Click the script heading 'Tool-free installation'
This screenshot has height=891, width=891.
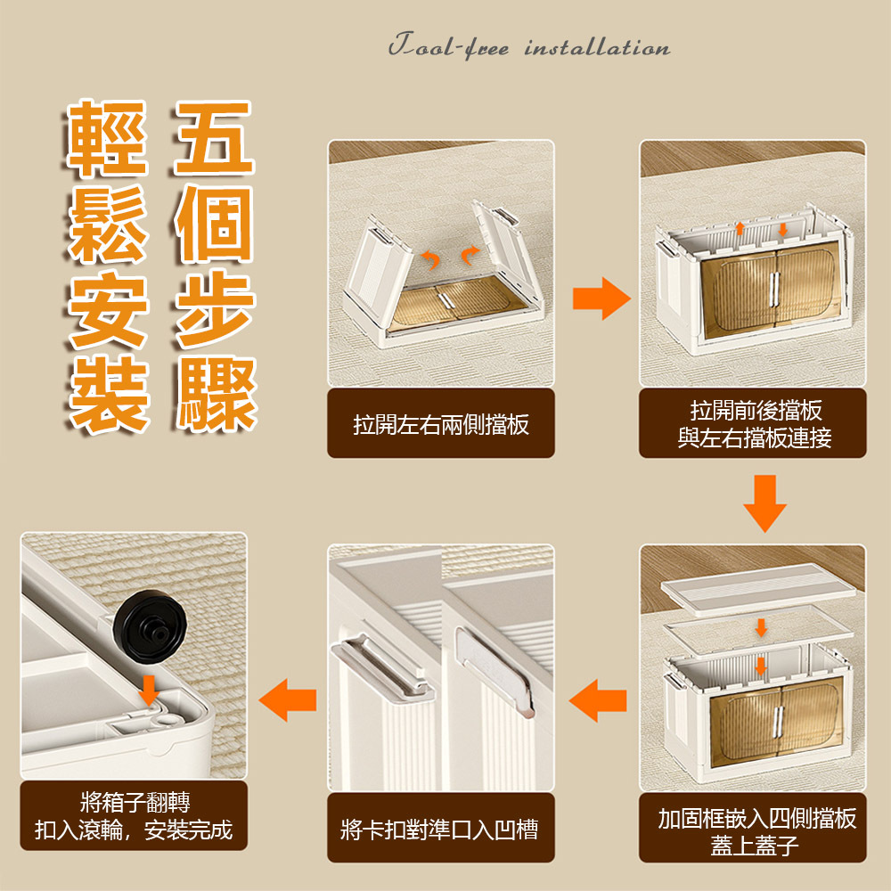pyautogui.click(x=529, y=46)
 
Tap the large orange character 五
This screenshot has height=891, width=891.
pyautogui.click(x=214, y=137)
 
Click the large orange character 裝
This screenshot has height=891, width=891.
pyautogui.click(x=109, y=395)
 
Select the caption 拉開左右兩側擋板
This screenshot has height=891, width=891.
pyautogui.click(x=441, y=424)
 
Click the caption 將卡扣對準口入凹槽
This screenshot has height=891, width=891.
pyautogui.click(x=439, y=829)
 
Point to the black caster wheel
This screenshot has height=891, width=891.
pyautogui.click(x=150, y=625)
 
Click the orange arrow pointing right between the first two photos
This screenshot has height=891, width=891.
pyautogui.click(x=601, y=298)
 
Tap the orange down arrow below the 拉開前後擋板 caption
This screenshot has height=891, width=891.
pyautogui.click(x=764, y=503)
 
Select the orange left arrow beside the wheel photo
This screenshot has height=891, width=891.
pyautogui.click(x=288, y=699)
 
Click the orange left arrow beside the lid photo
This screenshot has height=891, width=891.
pyautogui.click(x=598, y=700)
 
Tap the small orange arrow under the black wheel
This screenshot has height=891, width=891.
pyautogui.click(x=149, y=690)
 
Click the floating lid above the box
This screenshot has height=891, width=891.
pyautogui.click(x=758, y=590)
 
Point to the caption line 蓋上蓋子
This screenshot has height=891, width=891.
pyautogui.click(x=755, y=845)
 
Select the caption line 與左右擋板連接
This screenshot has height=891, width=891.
pyautogui.click(x=755, y=437)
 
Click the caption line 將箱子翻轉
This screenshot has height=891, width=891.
pyautogui.click(x=135, y=802)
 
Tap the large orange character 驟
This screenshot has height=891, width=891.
pyautogui.click(x=215, y=395)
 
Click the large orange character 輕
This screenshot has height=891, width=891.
pyautogui.click(x=108, y=137)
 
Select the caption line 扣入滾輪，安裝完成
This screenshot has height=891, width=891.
pyautogui.click(x=134, y=830)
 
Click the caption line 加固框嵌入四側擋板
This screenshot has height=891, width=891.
pyautogui.click(x=756, y=818)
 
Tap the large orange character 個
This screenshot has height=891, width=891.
pyautogui.click(x=214, y=224)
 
